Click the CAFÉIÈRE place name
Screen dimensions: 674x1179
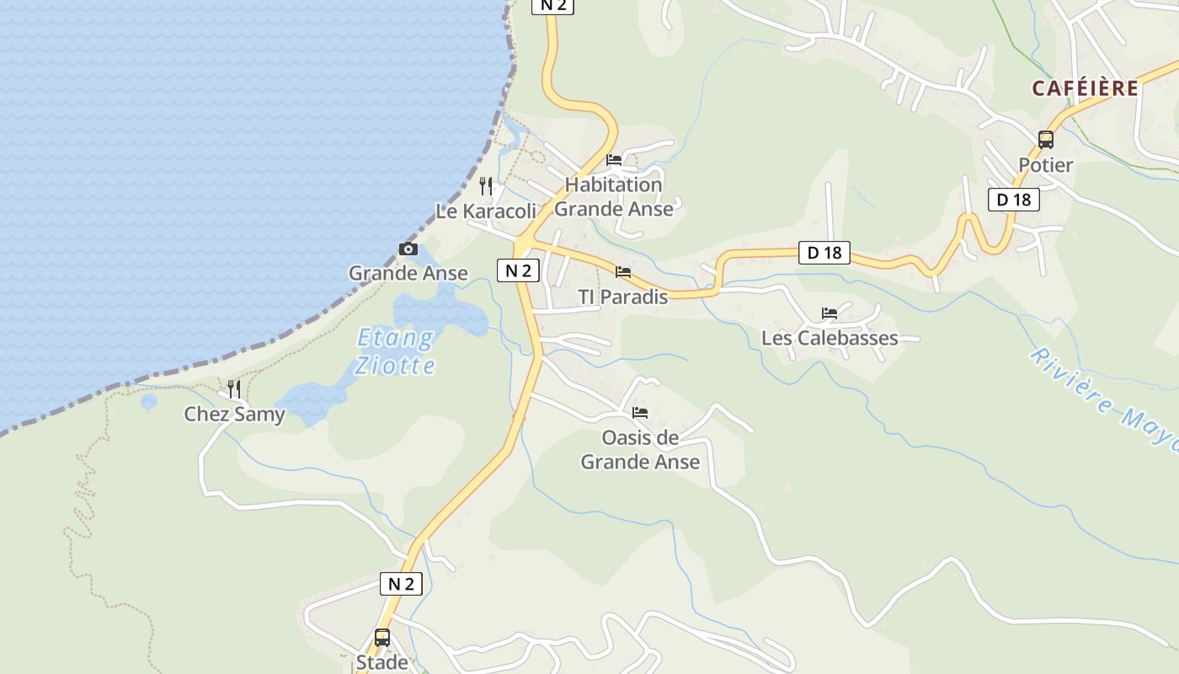point(1085,88)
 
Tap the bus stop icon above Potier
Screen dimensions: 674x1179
point(1045,140)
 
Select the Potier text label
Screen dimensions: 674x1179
point(1045,165)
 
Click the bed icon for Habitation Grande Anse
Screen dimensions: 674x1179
point(614,160)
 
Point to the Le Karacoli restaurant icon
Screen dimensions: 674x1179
point(486,186)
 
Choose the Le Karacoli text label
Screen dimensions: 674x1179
point(485,211)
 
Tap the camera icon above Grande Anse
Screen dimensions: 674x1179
point(408,249)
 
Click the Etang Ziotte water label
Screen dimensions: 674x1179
point(395,351)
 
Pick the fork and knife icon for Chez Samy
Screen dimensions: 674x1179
point(234,389)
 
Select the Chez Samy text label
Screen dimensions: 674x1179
point(234,415)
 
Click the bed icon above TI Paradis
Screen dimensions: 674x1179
point(623,272)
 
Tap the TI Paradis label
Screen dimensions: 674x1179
point(622,297)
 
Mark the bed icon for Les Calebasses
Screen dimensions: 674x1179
point(830,313)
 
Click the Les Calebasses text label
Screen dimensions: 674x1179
point(830,339)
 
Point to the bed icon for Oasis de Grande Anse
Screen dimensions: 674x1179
point(640,413)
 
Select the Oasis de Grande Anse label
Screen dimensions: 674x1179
point(640,450)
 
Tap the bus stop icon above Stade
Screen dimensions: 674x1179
point(382,638)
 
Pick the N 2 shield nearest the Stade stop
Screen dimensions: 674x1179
point(401,584)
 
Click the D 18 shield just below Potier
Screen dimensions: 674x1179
point(1013,200)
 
